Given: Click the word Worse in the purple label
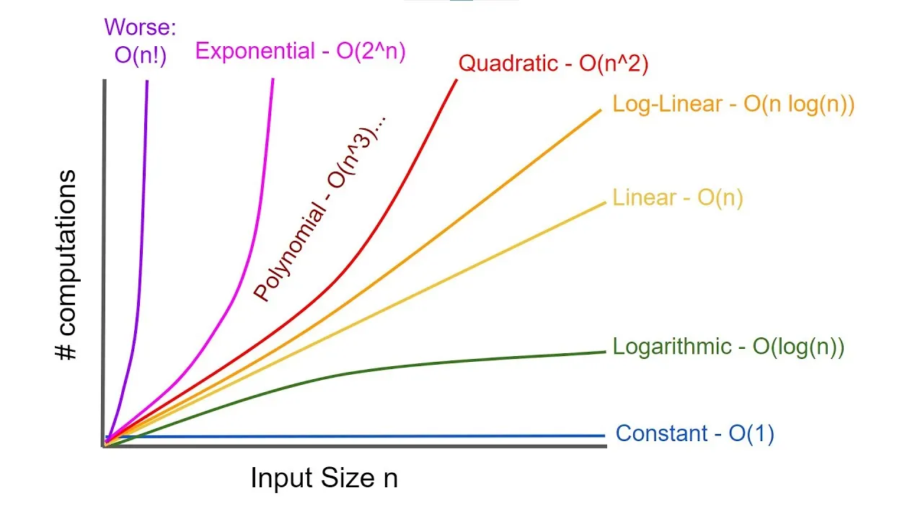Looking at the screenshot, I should click(140, 28).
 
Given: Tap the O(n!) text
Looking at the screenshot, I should click(140, 56).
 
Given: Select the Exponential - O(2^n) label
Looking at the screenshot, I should click(301, 51).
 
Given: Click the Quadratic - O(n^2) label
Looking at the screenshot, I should click(554, 63).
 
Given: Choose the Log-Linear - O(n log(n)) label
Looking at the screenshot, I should click(733, 104).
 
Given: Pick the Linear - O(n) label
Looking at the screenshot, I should click(677, 197).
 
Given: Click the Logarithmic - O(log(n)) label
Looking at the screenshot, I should click(728, 347).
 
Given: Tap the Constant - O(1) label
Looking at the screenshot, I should click(695, 434).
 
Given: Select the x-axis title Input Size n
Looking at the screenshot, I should click(324, 478).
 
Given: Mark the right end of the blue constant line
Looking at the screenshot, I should click(603, 435).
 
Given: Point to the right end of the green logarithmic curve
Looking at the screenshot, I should click(603, 352).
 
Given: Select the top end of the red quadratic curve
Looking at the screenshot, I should click(456, 80).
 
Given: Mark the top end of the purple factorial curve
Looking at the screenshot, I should click(147, 81).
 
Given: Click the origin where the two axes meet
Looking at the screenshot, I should click(105, 445).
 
